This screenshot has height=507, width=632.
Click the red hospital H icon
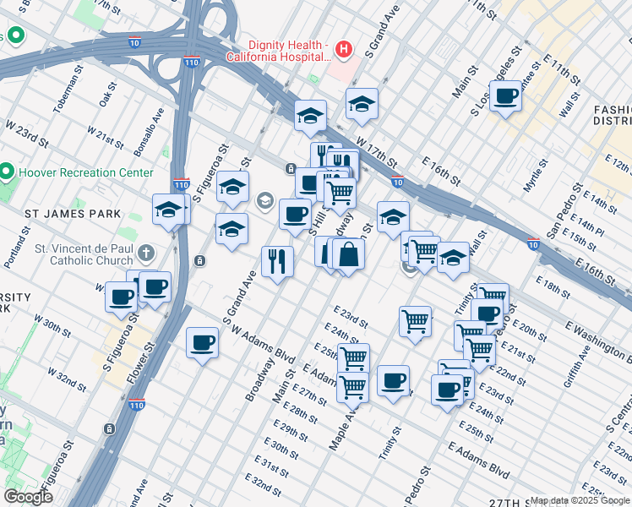pyautogui.click(x=343, y=50)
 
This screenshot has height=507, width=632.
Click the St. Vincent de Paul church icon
pyautogui.click(x=146, y=252)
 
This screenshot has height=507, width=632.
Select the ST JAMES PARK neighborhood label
pyautogui.click(x=73, y=214)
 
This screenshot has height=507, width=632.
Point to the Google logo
pyautogui.click(x=28, y=496)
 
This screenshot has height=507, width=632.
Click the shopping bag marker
pyautogui.click(x=348, y=253)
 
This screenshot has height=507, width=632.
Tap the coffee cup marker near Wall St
pyautogui.click(x=505, y=95)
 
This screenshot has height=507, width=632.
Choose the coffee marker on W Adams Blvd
pyautogui.click(x=202, y=342)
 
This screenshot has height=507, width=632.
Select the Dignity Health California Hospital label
pyautogui.click(x=276, y=51)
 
